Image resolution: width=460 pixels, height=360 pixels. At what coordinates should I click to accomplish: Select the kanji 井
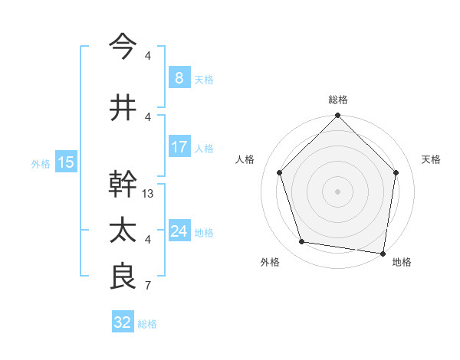[123, 106]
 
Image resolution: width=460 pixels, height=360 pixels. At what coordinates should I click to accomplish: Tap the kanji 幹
[123, 184]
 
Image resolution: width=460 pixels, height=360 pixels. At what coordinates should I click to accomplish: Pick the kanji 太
[123, 230]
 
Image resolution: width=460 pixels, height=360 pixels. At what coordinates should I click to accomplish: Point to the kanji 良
[123, 277]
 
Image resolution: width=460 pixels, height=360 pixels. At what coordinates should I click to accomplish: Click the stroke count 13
[149, 194]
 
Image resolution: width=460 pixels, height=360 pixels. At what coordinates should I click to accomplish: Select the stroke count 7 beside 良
[148, 286]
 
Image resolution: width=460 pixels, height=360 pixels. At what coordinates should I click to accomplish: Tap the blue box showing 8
[179, 77]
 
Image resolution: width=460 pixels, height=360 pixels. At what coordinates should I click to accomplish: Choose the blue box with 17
[179, 147]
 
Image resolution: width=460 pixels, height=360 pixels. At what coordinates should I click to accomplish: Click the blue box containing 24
[179, 231]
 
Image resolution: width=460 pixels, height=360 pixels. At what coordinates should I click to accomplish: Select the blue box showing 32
[123, 322]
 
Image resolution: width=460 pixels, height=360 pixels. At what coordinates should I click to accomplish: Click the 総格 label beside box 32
[148, 324]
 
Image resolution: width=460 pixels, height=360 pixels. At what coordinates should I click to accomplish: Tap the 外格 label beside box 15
[41, 163]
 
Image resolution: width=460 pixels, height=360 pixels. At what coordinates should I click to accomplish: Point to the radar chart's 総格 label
[337, 100]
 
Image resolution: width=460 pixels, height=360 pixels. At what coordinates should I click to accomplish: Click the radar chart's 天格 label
[432, 159]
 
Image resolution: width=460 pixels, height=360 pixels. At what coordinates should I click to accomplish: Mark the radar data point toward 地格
[383, 253]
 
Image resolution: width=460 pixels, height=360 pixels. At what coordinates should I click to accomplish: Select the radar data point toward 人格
[280, 172]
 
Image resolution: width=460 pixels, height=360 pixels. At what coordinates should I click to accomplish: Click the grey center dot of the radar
[337, 191]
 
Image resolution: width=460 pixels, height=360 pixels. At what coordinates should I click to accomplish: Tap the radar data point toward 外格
[302, 242]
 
